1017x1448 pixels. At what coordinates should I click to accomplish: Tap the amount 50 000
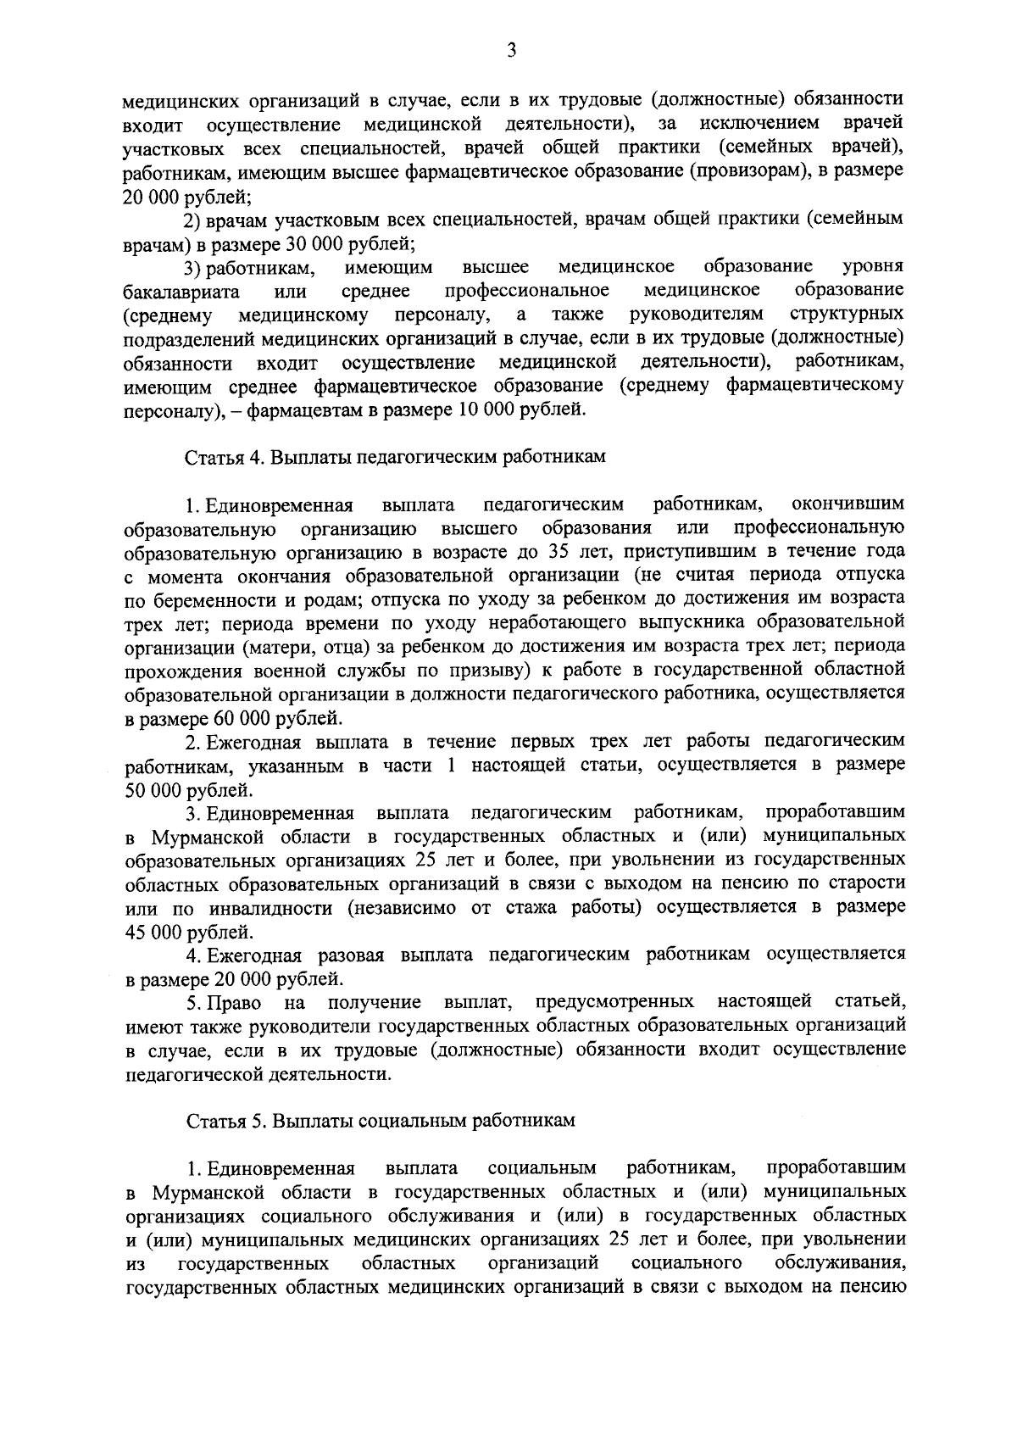[152, 791]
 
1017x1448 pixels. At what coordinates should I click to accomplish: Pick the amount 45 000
[152, 933]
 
